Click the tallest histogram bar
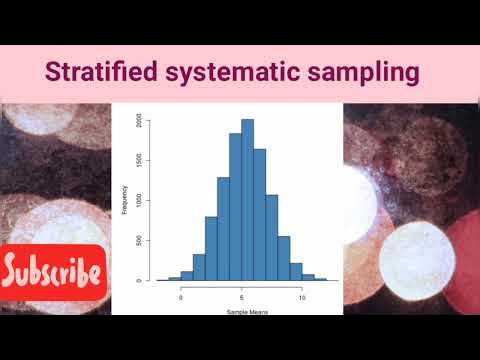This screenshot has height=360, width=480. [247, 200]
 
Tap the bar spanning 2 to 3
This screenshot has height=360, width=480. [211, 249]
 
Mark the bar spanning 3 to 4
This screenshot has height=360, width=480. [223, 229]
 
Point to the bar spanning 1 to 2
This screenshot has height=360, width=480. [199, 268]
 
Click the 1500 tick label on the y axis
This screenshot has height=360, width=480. [150, 160]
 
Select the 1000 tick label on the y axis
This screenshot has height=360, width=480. [150, 200]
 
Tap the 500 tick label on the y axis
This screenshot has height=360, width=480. [150, 241]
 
